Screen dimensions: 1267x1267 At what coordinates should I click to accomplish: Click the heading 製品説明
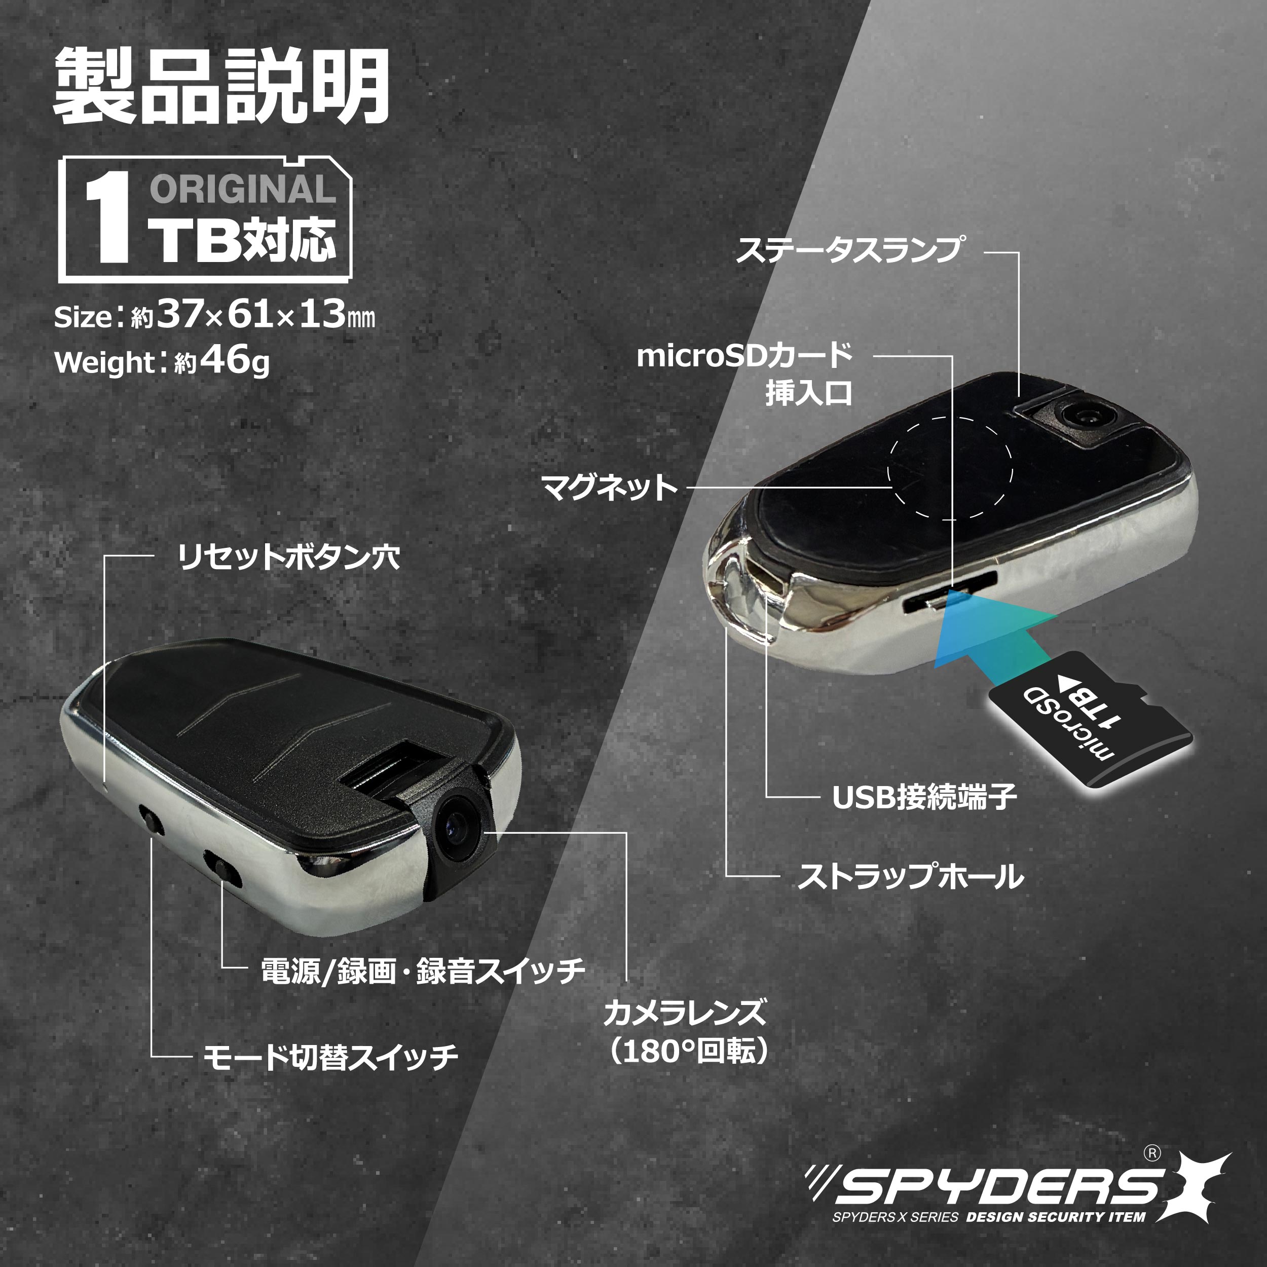click(x=221, y=89)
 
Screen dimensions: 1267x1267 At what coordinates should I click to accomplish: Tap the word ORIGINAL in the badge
click(x=243, y=190)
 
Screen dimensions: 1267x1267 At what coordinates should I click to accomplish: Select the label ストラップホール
click(x=910, y=877)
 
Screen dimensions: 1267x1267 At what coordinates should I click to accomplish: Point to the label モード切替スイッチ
click(x=330, y=1057)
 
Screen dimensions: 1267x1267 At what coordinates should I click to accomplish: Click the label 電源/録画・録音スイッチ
click(x=423, y=971)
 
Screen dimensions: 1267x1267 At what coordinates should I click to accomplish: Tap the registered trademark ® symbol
click(x=1152, y=1153)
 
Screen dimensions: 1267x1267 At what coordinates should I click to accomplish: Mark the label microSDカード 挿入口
click(x=745, y=375)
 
